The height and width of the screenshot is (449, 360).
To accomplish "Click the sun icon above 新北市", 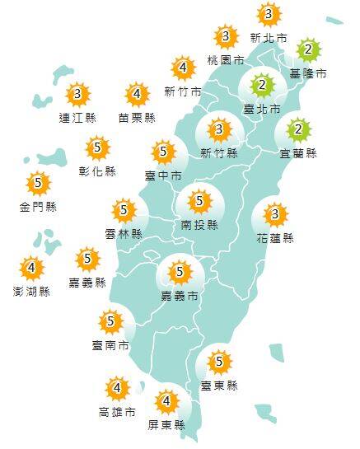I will [x=269, y=14].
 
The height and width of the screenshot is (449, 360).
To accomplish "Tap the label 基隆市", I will [x=308, y=73].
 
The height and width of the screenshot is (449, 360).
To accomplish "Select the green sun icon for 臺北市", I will [x=262, y=85].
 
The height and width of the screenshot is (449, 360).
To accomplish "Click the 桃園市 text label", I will [x=226, y=60].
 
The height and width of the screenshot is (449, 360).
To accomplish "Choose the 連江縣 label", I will [x=77, y=117].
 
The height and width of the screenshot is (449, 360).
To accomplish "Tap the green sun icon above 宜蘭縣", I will [x=299, y=129].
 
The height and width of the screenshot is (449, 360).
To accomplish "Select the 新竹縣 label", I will [x=219, y=153].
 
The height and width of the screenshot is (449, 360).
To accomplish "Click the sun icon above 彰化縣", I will [x=98, y=148].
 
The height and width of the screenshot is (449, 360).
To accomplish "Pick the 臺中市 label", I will [x=163, y=175].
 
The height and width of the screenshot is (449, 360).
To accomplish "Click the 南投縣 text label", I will [x=199, y=224].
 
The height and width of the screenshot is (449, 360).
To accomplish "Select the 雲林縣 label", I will [x=124, y=234].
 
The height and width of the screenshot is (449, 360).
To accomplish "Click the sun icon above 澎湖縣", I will [x=32, y=269].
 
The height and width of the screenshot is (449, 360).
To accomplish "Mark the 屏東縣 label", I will [x=166, y=425].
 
